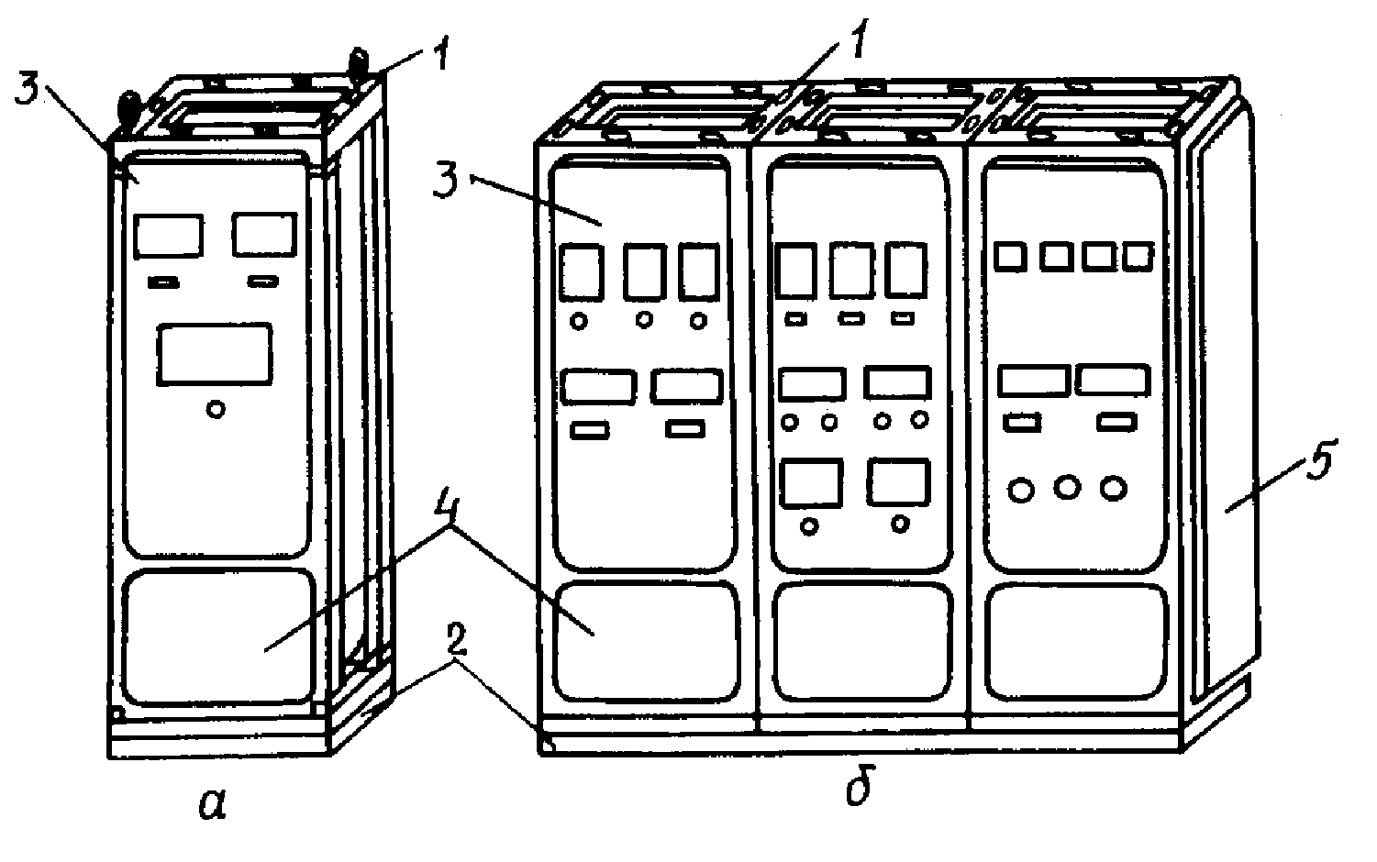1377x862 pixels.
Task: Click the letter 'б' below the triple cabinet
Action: click(858, 787)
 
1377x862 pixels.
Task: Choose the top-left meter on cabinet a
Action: click(168, 236)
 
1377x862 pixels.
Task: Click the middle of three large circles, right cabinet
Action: click(1067, 487)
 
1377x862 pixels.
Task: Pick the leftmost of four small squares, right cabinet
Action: click(1011, 256)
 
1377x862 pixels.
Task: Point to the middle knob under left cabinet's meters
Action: click(645, 320)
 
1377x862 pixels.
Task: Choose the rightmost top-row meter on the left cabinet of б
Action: click(700, 272)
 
